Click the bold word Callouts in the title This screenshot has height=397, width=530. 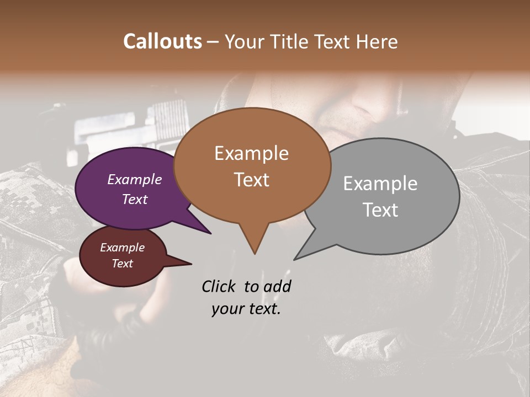tap(162, 41)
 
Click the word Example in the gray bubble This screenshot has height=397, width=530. tap(380, 184)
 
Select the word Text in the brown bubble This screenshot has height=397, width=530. tap(252, 180)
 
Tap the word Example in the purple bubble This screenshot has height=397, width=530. tap(135, 180)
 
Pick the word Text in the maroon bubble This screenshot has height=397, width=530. tap(123, 264)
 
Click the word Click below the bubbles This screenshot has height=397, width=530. tap(219, 286)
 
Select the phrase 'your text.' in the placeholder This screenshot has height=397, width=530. tap(246, 309)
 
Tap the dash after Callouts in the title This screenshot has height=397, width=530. tap(213, 41)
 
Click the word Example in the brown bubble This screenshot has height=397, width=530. tap(251, 153)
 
